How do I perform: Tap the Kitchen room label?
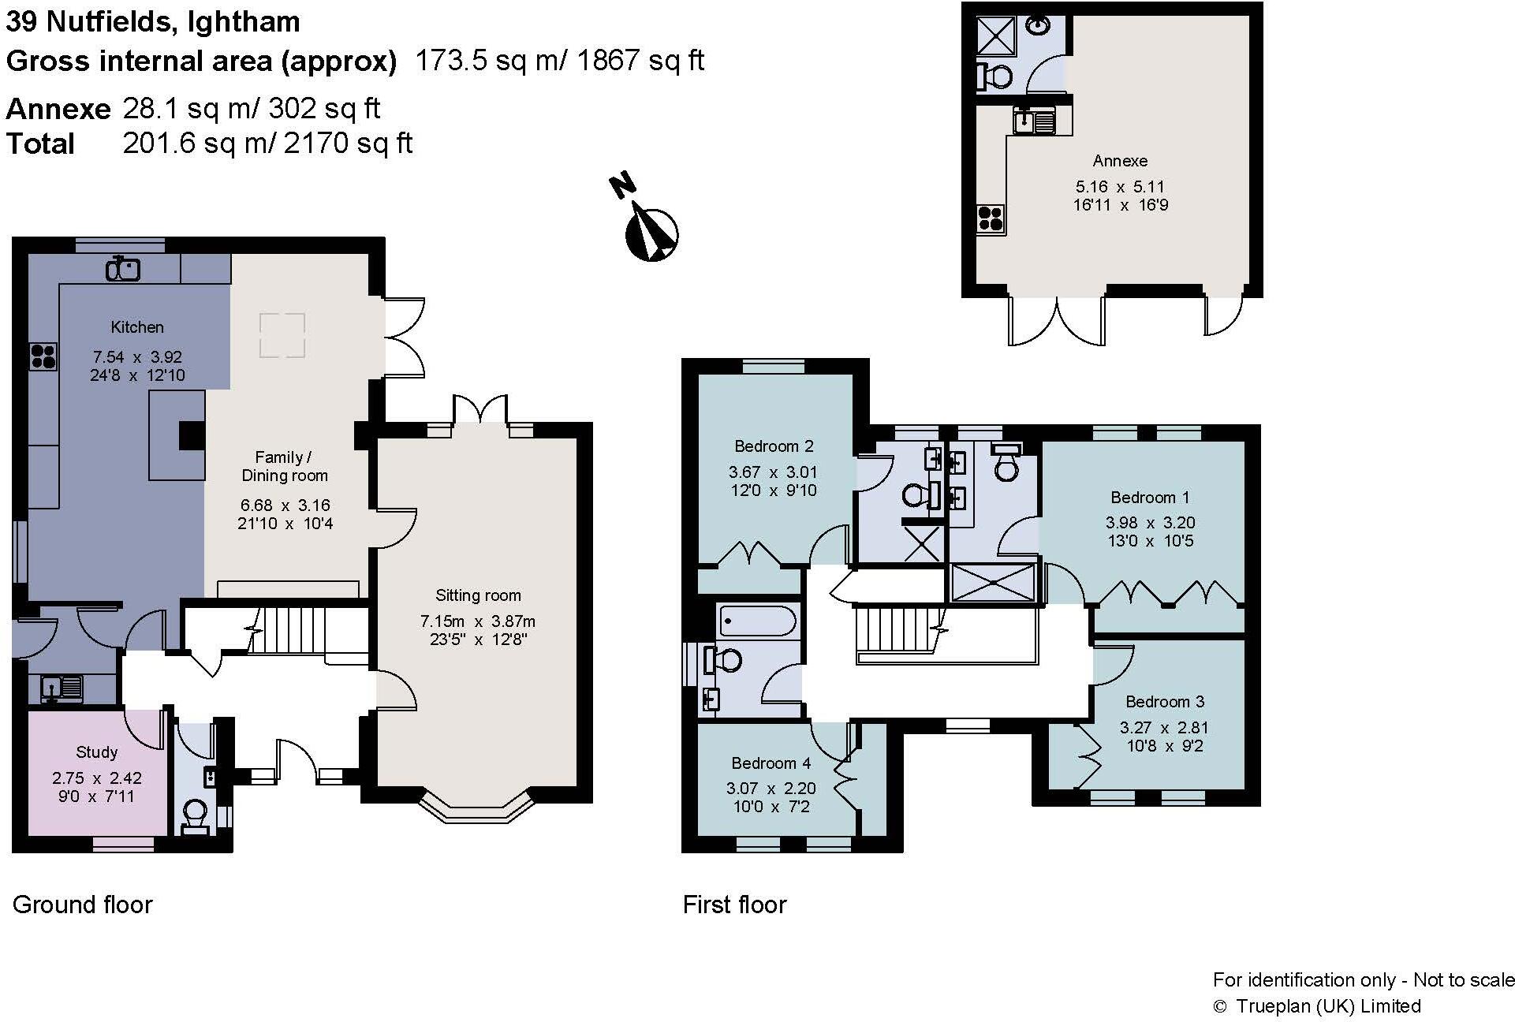point(137,326)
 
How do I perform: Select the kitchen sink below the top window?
point(123,269)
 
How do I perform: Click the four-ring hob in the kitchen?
point(43,356)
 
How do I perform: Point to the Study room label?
point(96,752)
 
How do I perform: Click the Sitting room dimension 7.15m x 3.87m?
point(478,621)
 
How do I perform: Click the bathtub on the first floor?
point(758,621)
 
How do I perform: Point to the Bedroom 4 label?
point(771,763)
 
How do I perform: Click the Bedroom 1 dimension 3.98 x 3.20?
point(1150,522)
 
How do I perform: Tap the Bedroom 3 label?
point(1164,701)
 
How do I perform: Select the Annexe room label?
point(1120,161)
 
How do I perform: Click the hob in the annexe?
point(991,218)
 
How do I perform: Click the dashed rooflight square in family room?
point(282,335)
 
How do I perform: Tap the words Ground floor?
point(83,905)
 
